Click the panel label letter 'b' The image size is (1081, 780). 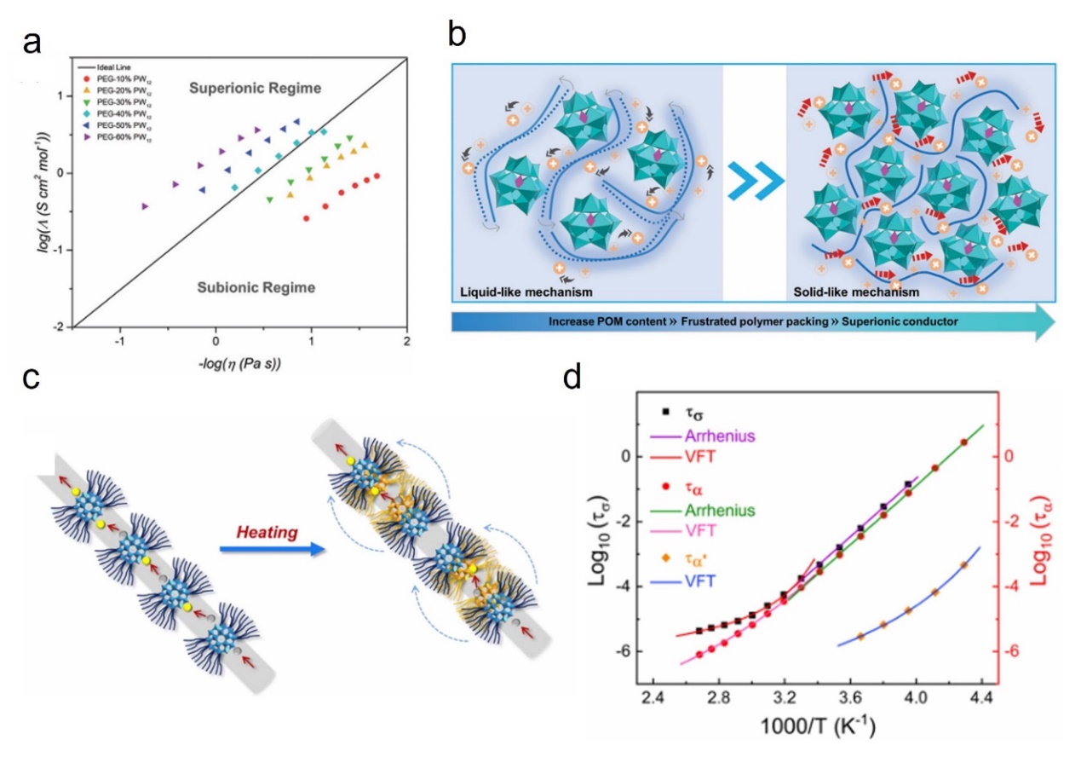[457, 36]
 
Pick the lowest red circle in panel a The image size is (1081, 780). [307, 219]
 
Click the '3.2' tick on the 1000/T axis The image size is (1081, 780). [784, 707]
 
